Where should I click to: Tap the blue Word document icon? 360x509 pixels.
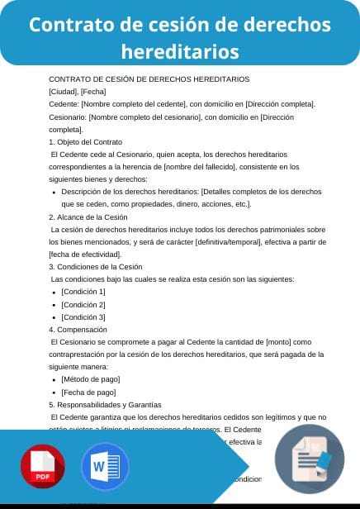coord(105,467)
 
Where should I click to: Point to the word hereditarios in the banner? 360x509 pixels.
coord(180,51)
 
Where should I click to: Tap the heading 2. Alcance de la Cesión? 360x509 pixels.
coord(88,216)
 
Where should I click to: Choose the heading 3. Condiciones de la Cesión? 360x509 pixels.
coord(96,267)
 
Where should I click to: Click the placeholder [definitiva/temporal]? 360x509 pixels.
coord(227,241)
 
